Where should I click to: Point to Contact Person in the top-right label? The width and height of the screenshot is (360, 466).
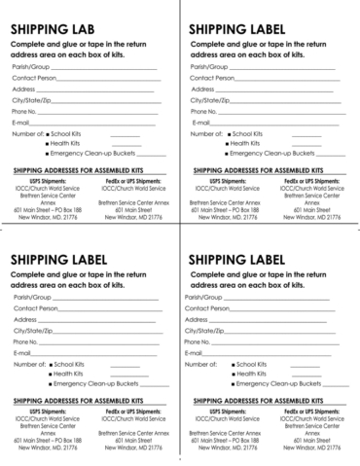pos(212,77)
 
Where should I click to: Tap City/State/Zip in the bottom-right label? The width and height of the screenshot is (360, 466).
pos(208,331)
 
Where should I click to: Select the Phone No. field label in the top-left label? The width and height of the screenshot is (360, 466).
pos(25,112)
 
